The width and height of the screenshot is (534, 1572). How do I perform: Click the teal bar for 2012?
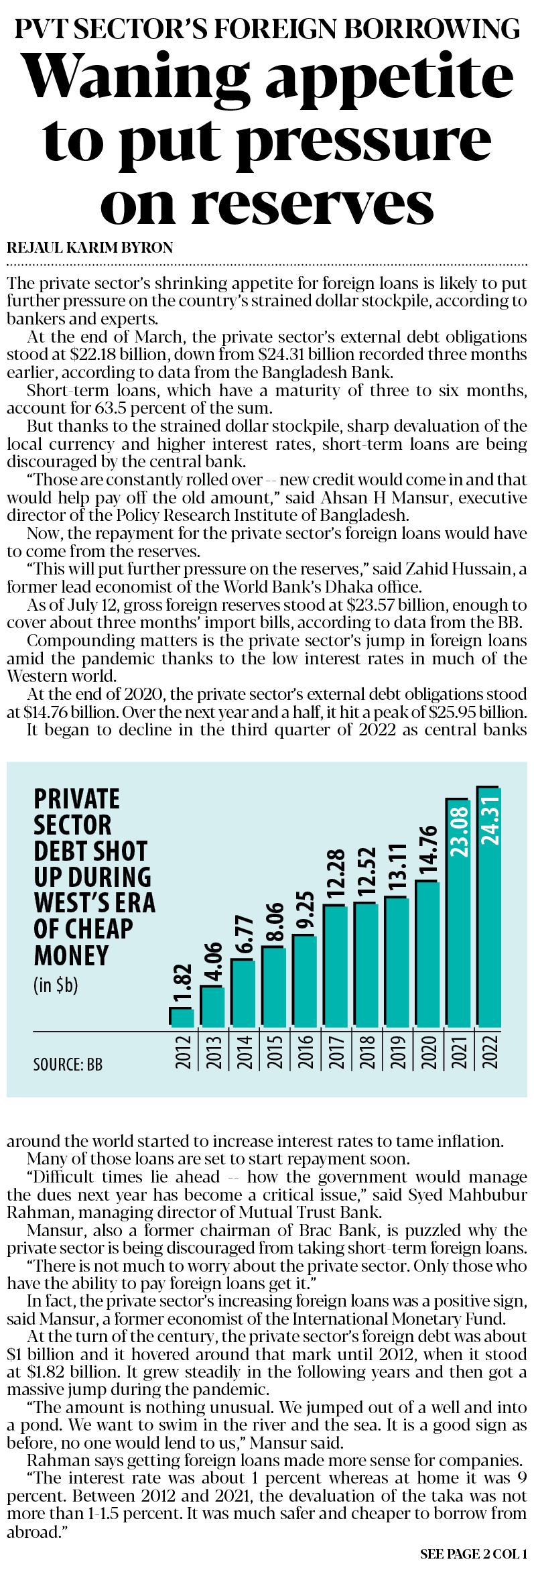tap(182, 1018)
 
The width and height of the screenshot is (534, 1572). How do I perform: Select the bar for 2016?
tap(305, 981)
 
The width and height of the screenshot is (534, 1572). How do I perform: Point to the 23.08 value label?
tap(460, 832)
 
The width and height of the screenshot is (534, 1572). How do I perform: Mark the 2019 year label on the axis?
tap(398, 1051)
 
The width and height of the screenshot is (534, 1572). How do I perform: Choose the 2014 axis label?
tap(244, 1051)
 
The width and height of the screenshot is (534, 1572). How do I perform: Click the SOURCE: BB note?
tap(68, 1065)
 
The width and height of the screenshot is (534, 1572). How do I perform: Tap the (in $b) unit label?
tap(56, 985)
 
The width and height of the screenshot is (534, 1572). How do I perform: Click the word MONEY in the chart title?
tap(71, 955)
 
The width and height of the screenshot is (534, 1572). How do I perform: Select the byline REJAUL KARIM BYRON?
tap(90, 247)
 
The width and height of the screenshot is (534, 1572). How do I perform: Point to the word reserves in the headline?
tap(313, 204)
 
